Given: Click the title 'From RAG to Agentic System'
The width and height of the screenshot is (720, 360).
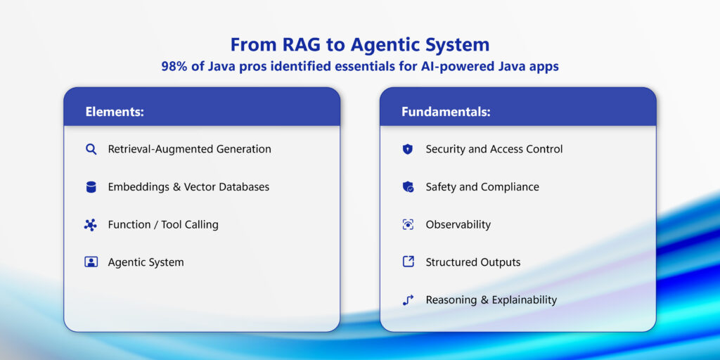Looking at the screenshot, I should [359, 45].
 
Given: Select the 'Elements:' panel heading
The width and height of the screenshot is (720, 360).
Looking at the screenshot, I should [115, 112].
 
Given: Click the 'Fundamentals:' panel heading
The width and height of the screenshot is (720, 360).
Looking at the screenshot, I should [446, 112].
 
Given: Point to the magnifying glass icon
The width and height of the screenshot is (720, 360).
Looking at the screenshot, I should [91, 149].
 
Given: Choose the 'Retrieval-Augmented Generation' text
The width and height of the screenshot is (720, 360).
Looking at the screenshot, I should [189, 149].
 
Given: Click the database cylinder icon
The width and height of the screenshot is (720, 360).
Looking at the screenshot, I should [91, 187].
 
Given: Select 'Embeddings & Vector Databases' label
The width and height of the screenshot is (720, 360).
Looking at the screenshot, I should [188, 187].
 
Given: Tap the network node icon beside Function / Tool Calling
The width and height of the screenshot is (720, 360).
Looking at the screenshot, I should [91, 225].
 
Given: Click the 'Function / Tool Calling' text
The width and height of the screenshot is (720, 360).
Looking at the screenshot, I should [163, 225].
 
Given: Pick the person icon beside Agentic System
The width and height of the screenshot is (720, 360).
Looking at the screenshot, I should [91, 262].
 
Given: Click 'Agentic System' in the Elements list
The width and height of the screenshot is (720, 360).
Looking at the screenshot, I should [146, 262].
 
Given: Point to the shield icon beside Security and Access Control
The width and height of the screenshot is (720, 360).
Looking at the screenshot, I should [408, 149].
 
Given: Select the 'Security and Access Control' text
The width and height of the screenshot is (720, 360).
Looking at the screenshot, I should [494, 149].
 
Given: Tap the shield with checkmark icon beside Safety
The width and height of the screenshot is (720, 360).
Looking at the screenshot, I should [408, 187].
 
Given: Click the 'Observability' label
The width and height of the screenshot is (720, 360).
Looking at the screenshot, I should [458, 225].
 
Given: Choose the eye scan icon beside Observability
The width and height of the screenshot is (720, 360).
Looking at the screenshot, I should [408, 225].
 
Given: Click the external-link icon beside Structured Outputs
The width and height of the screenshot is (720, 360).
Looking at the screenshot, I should [408, 262].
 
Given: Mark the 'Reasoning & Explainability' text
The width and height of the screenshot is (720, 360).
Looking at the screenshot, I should [491, 300].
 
